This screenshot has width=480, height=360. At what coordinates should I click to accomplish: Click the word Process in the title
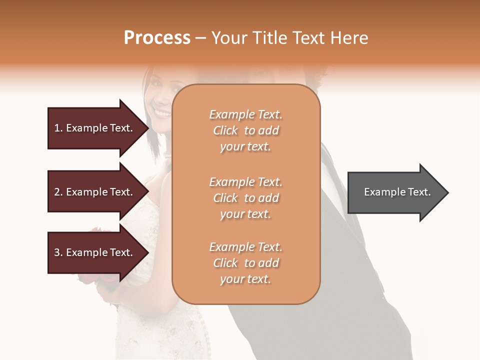tap(157, 38)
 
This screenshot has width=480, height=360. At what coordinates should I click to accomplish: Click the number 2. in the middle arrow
tap(58, 192)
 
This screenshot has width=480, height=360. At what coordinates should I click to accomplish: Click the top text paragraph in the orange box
tap(245, 130)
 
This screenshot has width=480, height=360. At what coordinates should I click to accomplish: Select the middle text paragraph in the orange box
tap(245, 198)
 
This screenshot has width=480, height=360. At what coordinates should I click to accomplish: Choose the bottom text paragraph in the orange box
tap(245, 263)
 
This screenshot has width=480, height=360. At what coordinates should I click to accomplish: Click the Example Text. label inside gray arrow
tap(397, 192)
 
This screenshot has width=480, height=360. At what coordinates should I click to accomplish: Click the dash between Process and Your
tap(200, 38)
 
